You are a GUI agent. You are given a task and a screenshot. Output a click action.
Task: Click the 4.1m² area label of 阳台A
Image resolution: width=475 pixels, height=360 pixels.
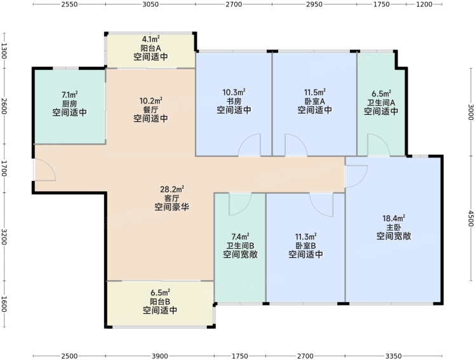pyautogui.click(x=151, y=39)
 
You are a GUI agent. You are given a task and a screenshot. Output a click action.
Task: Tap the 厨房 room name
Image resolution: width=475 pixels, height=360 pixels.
pyautogui.click(x=70, y=104)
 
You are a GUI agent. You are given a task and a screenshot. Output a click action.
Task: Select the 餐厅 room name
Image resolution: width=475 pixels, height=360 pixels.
pyautogui.click(x=151, y=110)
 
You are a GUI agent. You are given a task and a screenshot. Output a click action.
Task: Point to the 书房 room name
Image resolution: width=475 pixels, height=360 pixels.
pyautogui.click(x=234, y=101)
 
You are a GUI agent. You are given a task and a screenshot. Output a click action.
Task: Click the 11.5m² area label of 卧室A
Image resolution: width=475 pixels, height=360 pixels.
pyautogui.click(x=315, y=92)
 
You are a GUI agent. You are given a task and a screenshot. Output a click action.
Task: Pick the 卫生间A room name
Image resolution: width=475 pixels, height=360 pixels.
pyautogui.click(x=381, y=103)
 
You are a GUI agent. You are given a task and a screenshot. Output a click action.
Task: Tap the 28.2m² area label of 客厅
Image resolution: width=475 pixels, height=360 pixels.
pyautogui.click(x=172, y=190)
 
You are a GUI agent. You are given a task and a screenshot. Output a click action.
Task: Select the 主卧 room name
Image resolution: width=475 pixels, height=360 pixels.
pyautogui.click(x=394, y=227)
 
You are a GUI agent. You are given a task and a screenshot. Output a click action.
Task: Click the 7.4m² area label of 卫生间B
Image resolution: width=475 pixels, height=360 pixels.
pyautogui.click(x=241, y=236)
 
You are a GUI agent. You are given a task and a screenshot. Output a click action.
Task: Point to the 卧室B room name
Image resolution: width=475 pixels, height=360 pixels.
pyautogui.click(x=305, y=246)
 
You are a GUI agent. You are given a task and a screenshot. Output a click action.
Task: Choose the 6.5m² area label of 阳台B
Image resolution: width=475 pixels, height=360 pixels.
pyautogui.click(x=160, y=293)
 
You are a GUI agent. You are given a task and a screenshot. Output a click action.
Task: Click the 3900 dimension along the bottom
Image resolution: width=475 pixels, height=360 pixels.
pyautogui.click(x=159, y=356)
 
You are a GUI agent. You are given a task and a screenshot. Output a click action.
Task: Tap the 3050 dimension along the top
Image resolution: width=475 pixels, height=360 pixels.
pyautogui.click(x=151, y=4)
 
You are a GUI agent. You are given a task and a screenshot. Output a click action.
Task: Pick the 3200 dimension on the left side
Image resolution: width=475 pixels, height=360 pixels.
pyautogui.click(x=4, y=237)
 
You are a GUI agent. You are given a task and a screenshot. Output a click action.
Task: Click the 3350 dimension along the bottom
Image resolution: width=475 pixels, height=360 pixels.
pyautogui.click(x=394, y=356)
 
